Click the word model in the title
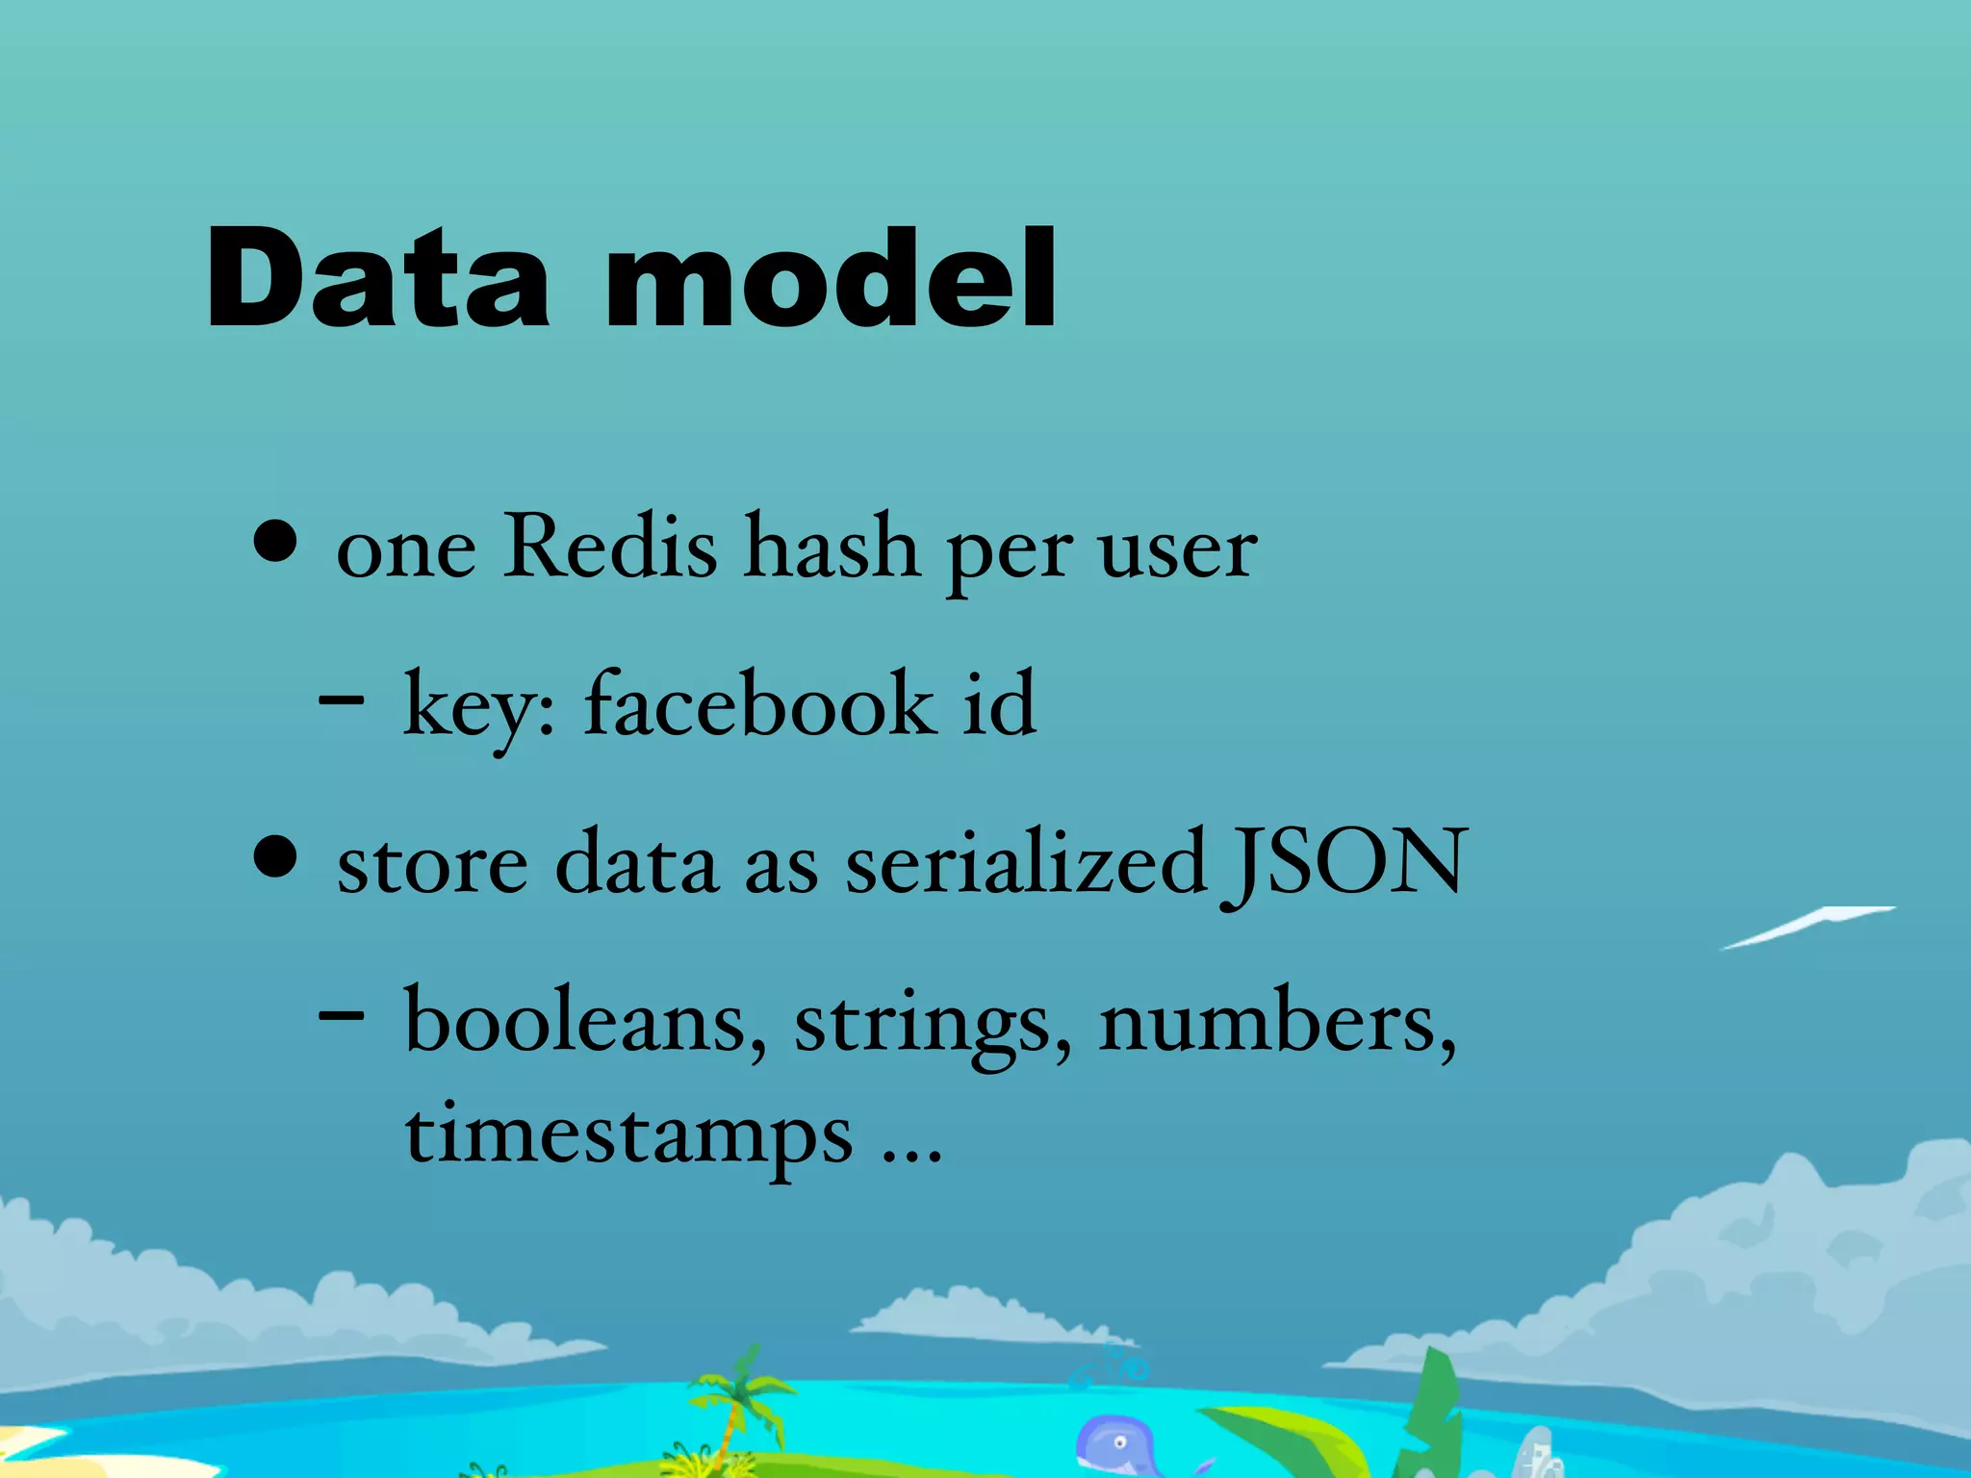831,279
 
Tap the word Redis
610,547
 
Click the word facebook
760,704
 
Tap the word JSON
1344,862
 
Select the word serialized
1026,862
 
